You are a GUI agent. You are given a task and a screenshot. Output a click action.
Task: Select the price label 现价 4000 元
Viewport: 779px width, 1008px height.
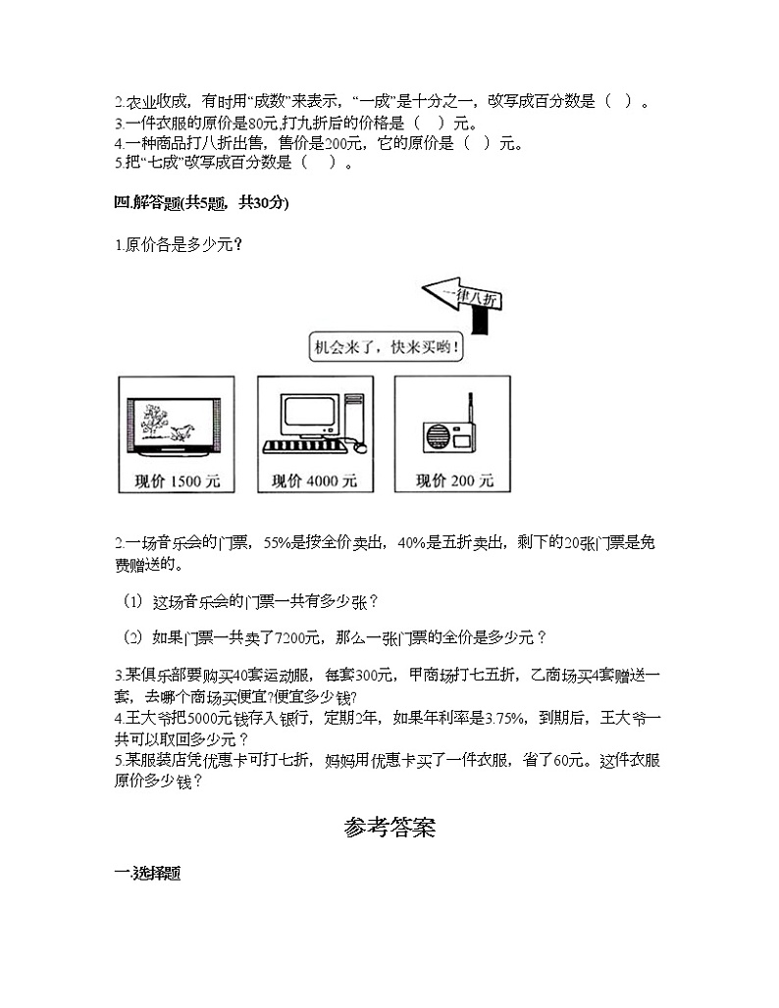pyautogui.click(x=314, y=480)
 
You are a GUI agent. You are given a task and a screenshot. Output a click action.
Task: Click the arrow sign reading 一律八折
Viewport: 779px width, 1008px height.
pyautogui.click(x=462, y=296)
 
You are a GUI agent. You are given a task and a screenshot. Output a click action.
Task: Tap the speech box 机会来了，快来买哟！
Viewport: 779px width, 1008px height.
pyautogui.click(x=386, y=346)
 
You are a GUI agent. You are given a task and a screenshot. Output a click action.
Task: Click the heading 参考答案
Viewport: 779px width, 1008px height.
pyautogui.click(x=389, y=829)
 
